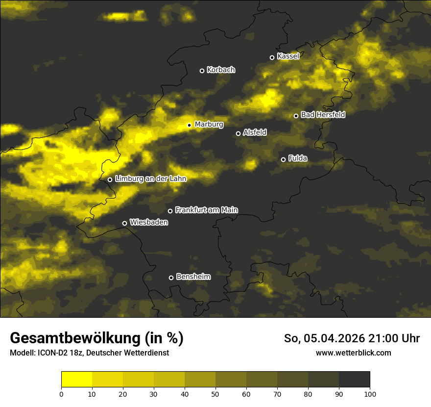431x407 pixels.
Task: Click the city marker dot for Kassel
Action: click(272, 57)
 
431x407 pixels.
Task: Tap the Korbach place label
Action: click(221, 70)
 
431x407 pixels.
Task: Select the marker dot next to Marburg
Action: click(189, 125)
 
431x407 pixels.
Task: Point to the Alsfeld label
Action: click(255, 132)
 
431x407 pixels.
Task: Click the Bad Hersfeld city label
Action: click(323, 115)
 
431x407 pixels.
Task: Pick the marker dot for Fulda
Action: click(283, 159)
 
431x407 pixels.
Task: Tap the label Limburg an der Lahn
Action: click(150, 179)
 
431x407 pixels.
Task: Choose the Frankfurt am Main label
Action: click(206, 210)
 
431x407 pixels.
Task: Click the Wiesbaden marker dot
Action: click(124, 223)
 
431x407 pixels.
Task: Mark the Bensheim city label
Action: click(193, 277)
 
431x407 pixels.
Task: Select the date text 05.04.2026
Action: click(334, 338)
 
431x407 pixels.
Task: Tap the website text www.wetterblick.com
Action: click(353, 353)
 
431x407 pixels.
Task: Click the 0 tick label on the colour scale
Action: click(61, 394)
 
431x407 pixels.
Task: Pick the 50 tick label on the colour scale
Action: click(215, 394)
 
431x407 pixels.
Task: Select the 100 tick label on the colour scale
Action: click(370, 394)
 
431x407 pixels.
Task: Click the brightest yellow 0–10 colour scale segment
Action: click(76, 380)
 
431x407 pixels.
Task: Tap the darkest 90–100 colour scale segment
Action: click(354, 380)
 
